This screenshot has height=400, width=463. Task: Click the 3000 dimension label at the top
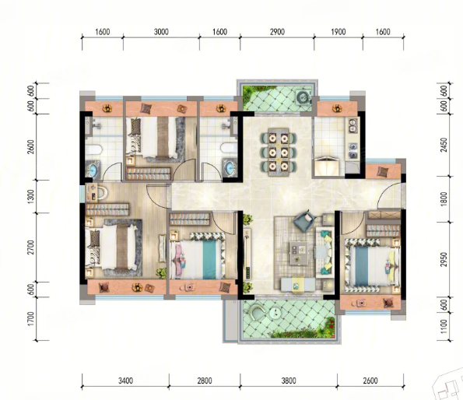161,32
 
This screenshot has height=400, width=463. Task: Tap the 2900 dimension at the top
277,32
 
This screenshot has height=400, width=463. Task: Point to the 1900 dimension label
338,32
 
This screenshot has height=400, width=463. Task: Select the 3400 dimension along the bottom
125,381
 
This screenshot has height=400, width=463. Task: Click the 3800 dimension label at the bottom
289,381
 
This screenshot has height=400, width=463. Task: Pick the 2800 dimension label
205,381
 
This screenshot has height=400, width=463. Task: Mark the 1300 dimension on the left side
30,196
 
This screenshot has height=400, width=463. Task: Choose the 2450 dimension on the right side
444,145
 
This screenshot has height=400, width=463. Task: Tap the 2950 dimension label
444,259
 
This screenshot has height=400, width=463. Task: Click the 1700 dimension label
30,319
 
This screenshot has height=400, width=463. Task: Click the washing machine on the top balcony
303,96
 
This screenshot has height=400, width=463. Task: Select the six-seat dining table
279,152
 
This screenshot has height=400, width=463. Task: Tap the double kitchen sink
353,125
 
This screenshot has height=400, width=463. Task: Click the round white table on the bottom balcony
275,313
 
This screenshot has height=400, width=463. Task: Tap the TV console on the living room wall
247,254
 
